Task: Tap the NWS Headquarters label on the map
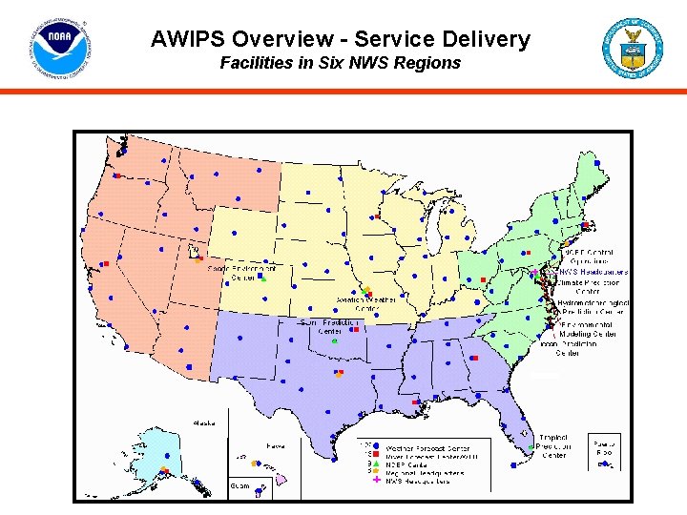click(x=593, y=272)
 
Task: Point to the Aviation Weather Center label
click(x=367, y=303)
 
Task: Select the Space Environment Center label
click(x=242, y=274)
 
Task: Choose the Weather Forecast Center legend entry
click(x=429, y=446)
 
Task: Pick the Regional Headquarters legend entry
click(x=424, y=471)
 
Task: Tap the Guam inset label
click(x=239, y=485)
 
